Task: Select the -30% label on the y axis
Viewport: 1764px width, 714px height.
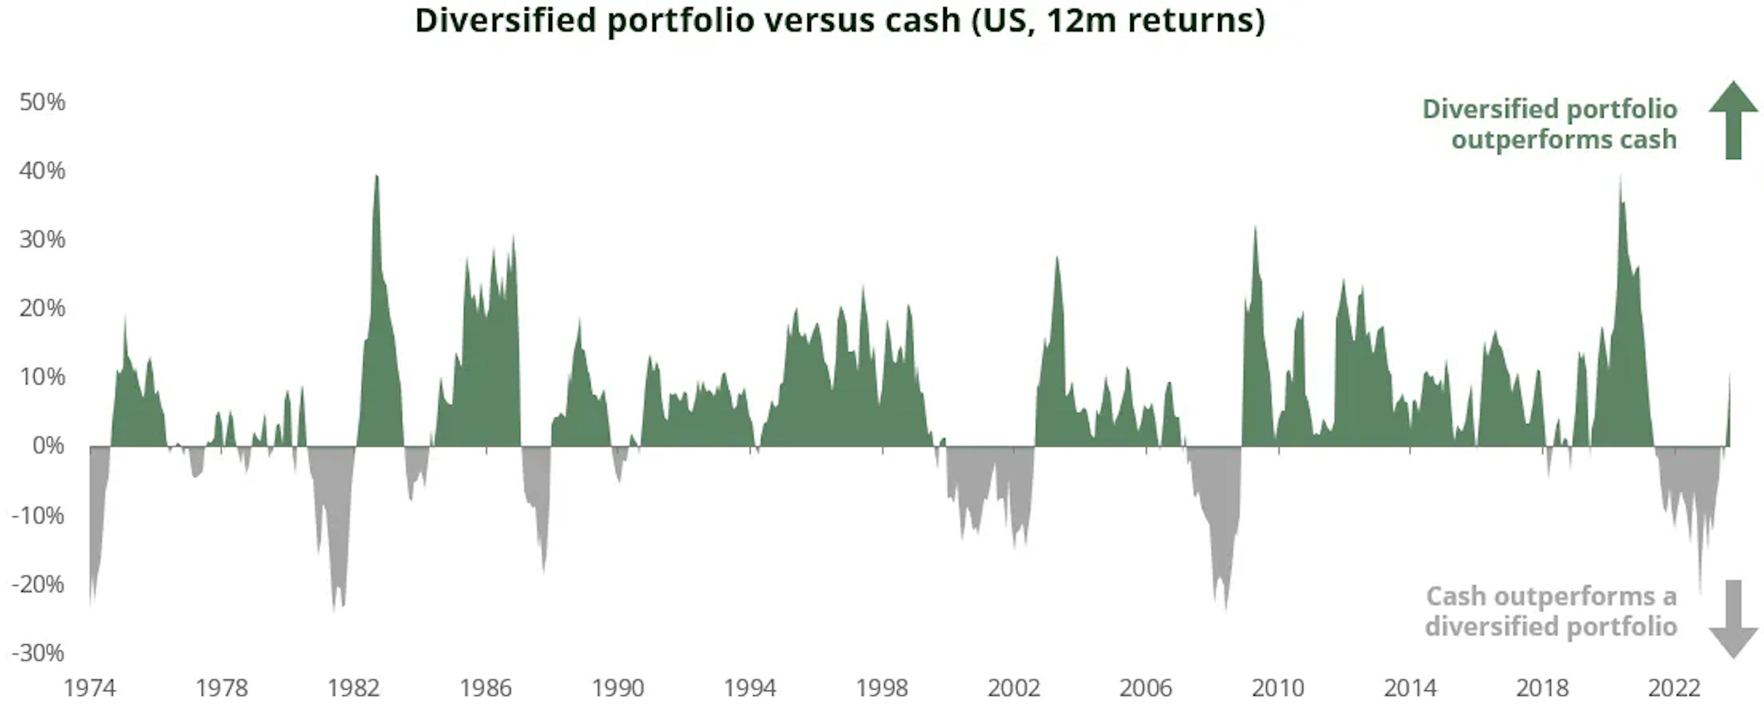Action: pyautogui.click(x=38, y=652)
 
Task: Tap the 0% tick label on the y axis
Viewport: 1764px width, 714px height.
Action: pyautogui.click(x=48, y=446)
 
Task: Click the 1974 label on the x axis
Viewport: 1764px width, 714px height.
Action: pyautogui.click(x=90, y=688)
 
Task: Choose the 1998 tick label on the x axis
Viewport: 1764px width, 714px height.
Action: pyautogui.click(x=882, y=688)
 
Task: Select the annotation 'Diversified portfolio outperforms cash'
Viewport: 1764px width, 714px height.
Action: pyautogui.click(x=1549, y=124)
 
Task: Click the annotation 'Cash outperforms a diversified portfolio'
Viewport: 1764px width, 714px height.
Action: pyautogui.click(x=1550, y=611)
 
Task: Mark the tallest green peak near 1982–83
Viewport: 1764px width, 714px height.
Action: pyautogui.click(x=376, y=177)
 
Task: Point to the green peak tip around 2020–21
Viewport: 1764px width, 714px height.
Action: pyautogui.click(x=1620, y=180)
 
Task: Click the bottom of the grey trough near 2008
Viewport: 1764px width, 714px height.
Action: pyautogui.click(x=1225, y=608)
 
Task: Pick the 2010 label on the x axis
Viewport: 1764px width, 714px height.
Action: pyautogui.click(x=1278, y=688)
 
